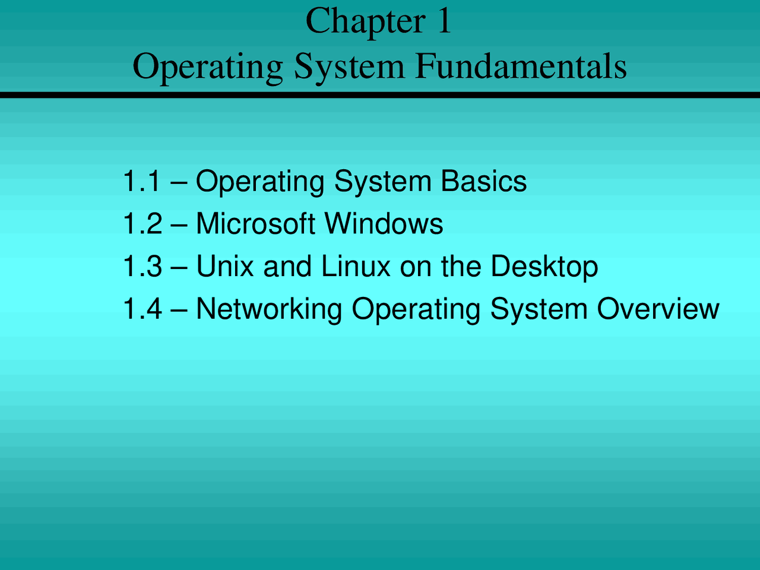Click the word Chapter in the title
365,21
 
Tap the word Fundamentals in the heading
521,66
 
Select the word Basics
483,181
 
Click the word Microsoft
255,224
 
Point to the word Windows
384,224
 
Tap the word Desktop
544,267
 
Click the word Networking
269,310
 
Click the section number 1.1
141,181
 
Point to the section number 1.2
142,224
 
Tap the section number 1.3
142,266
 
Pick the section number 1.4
142,309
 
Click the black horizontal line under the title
380,94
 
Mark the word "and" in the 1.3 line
287,266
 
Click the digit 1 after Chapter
444,21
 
